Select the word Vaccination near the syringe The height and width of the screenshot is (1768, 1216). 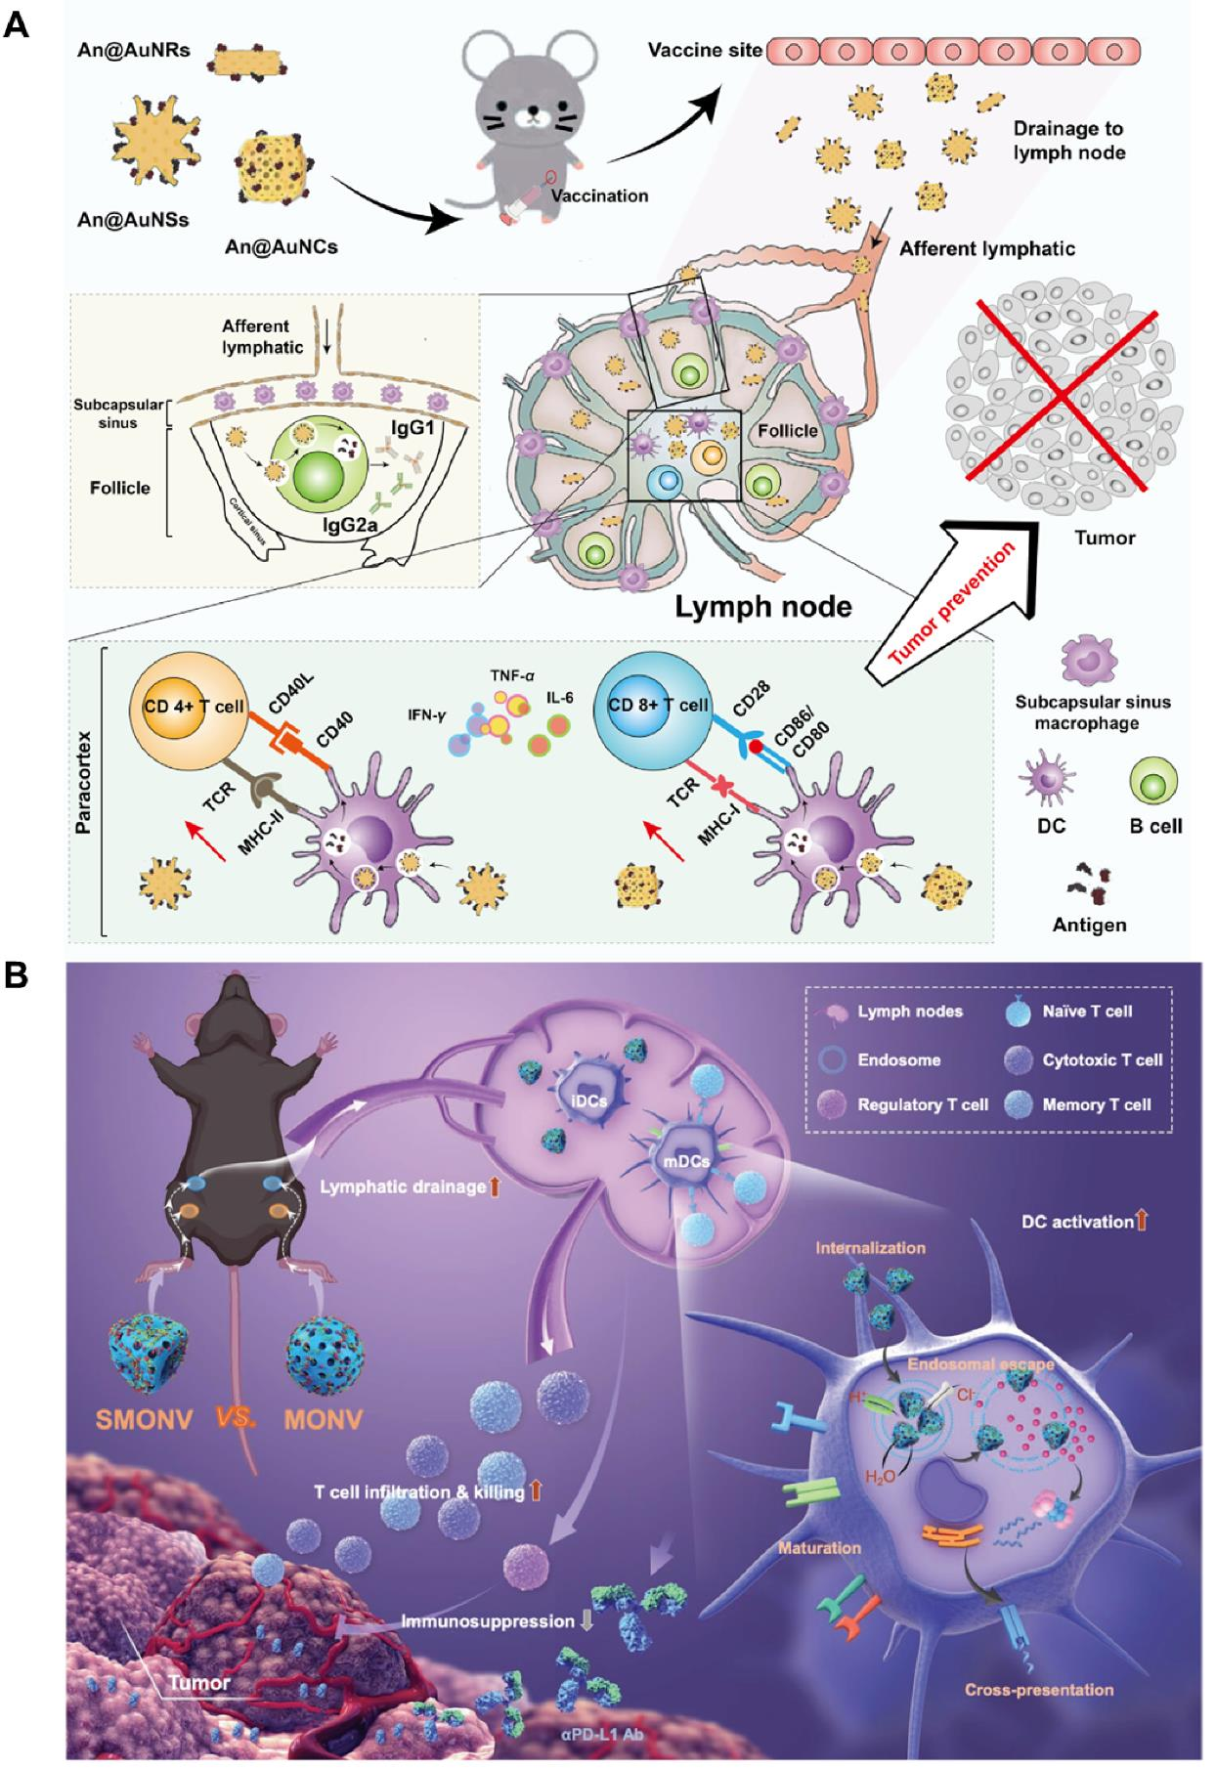click(599, 195)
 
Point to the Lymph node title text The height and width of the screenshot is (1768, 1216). click(762, 606)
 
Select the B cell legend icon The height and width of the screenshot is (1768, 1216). click(1153, 783)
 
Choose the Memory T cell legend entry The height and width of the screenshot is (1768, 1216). click(1096, 1105)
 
